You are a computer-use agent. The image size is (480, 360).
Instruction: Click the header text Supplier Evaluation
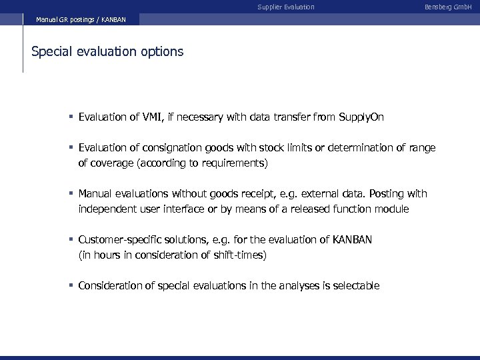[286, 7]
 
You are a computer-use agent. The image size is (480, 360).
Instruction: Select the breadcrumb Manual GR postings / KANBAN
[81, 20]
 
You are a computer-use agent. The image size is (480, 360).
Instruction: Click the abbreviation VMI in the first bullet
[155, 117]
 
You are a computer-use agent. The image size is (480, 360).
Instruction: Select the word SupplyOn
[361, 117]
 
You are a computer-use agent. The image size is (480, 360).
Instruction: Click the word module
[391, 209]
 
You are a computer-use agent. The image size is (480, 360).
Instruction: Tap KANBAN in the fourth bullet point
[351, 240]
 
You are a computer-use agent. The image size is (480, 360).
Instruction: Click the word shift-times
[241, 255]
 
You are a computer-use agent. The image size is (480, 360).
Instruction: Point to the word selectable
[355, 286]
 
